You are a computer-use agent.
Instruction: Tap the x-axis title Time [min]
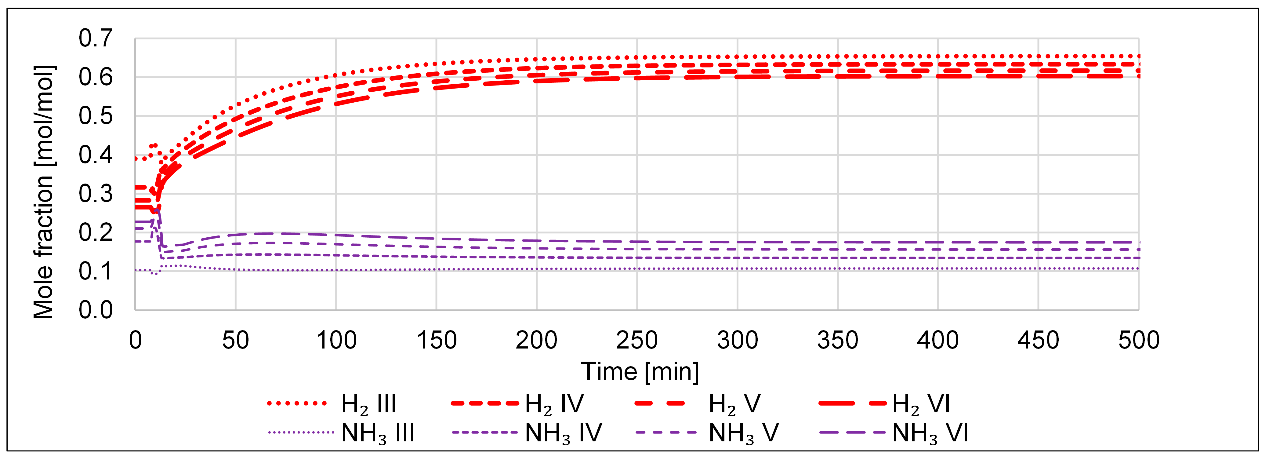pos(640,371)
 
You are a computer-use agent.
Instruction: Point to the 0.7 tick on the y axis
pos(96,38)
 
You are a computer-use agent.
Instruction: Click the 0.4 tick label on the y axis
pos(96,155)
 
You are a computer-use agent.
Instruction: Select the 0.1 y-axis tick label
pos(96,271)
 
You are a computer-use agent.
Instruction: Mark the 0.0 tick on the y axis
pos(96,310)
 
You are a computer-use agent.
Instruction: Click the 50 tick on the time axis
pos(235,340)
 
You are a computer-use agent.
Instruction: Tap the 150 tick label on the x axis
pos(437,340)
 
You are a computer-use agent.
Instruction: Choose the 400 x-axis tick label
pos(937,340)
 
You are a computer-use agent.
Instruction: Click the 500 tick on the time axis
pos(1138,340)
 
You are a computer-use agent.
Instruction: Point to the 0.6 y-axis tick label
pos(96,77)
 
